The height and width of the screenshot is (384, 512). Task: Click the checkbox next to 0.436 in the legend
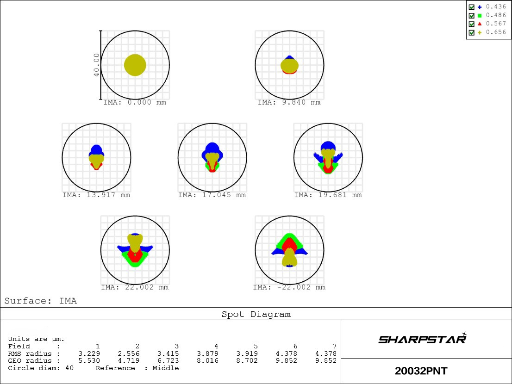pyautogui.click(x=471, y=7)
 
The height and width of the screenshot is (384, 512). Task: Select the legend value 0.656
pyautogui.click(x=496, y=32)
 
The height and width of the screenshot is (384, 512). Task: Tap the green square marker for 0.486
pyautogui.click(x=480, y=15)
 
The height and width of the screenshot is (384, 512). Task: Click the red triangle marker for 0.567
pyautogui.click(x=480, y=24)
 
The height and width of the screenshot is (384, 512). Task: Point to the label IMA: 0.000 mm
pyautogui.click(x=134, y=103)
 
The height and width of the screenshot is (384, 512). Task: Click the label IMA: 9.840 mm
pyautogui.click(x=289, y=103)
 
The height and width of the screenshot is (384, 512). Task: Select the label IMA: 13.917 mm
pyautogui.click(x=96, y=195)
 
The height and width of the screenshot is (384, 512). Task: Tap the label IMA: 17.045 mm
pyautogui.click(x=212, y=195)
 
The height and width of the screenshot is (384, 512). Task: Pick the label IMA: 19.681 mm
pyautogui.click(x=328, y=195)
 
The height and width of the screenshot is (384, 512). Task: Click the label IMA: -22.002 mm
pyautogui.click(x=289, y=288)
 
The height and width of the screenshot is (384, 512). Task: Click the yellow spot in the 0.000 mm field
pyautogui.click(x=135, y=65)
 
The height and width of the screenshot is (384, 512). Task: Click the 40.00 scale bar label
pyautogui.click(x=96, y=65)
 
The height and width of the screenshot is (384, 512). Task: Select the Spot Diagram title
pyautogui.click(x=256, y=315)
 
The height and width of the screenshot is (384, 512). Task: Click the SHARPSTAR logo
pyautogui.click(x=422, y=339)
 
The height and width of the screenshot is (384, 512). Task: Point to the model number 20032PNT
pyautogui.click(x=421, y=371)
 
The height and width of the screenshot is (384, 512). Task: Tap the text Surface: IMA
pyautogui.click(x=41, y=301)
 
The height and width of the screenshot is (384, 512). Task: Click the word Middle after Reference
pyautogui.click(x=165, y=368)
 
